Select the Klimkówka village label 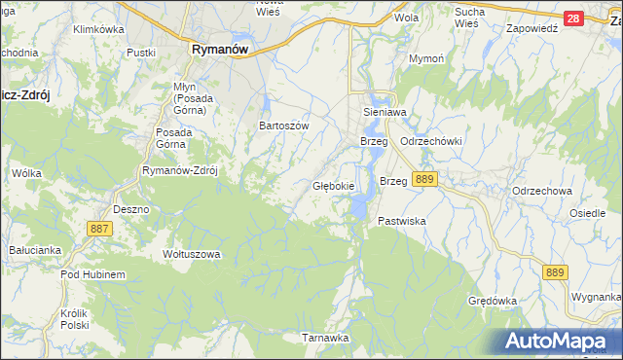(x=101, y=30)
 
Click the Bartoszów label (x=283, y=126)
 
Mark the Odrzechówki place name (x=431, y=142)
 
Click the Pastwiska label (x=403, y=222)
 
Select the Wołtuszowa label (x=192, y=255)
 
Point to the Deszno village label (x=130, y=209)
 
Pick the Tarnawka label (x=325, y=338)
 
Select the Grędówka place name (x=492, y=301)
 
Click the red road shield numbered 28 (x=573, y=18)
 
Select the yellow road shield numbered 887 (x=99, y=228)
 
